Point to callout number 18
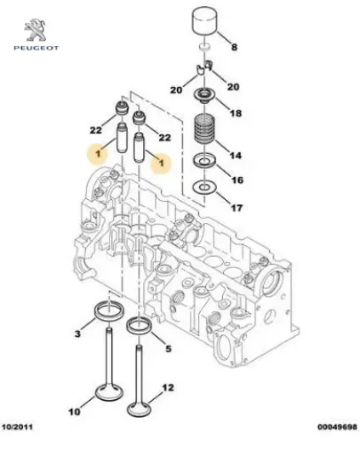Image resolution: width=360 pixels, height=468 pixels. coord(237,112)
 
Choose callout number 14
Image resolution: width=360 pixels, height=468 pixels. coord(237,156)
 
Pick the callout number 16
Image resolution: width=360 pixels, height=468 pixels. coord(237,180)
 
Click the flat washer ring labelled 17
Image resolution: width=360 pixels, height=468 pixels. coord(204,186)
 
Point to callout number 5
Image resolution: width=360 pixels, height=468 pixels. coord(169,348)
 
